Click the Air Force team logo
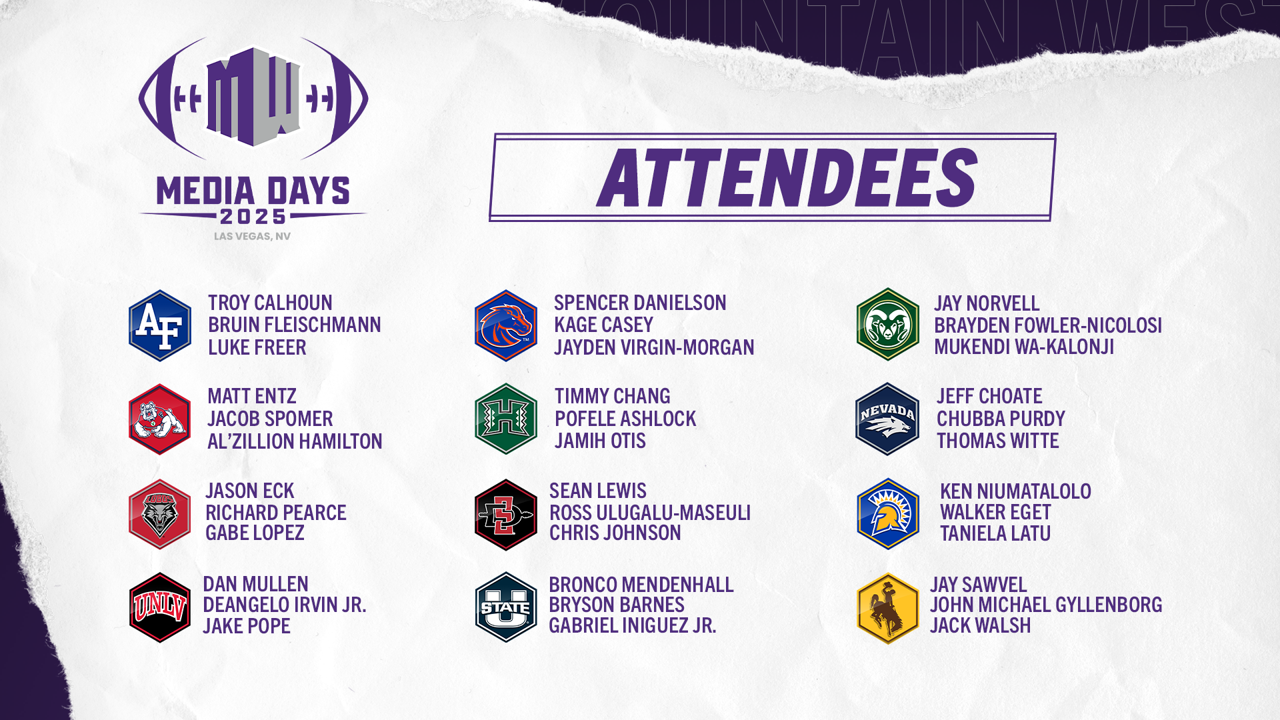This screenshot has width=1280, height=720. coord(160,325)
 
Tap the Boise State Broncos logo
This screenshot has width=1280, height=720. coord(506,325)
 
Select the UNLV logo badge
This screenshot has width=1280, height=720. coord(160,607)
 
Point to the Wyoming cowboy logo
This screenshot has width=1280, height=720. coord(888,608)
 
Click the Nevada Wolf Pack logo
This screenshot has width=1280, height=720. coord(887,419)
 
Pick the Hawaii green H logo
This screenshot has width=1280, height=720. coord(506,419)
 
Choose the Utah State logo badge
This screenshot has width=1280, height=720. coord(506,607)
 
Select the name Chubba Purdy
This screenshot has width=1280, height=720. coord(1001,419)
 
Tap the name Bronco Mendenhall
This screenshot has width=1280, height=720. coord(641,585)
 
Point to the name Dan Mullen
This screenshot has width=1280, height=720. coord(255,584)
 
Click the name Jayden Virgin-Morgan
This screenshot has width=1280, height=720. coord(654,347)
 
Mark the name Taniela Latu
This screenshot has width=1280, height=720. coord(995,533)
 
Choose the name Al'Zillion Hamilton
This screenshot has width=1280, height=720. coord(295,441)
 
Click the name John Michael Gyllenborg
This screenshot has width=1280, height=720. coord(1046,605)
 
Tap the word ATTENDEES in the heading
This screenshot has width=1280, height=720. coord(787,177)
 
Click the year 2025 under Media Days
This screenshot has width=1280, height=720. coord(253,217)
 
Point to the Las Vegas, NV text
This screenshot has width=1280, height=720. coord(252,236)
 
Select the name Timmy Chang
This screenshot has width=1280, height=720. coord(612,396)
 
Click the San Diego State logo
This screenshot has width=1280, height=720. coord(506,515)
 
